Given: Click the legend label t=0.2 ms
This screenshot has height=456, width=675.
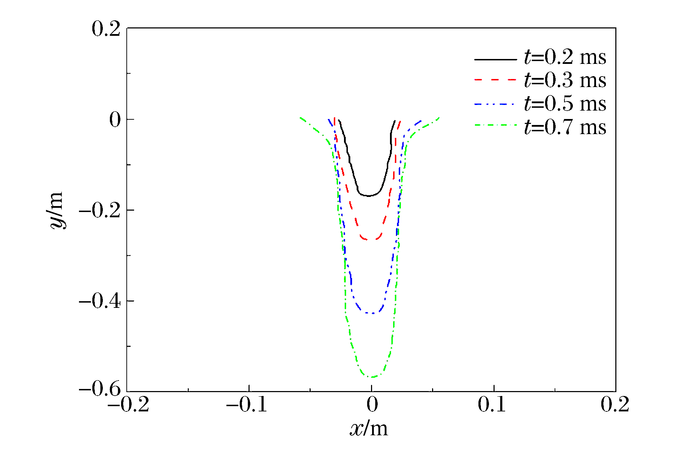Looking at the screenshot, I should pyautogui.click(x=565, y=57).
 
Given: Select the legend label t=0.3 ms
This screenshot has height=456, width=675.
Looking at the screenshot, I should pyautogui.click(x=565, y=80).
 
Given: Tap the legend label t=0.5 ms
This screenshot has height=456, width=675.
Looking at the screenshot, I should pyautogui.click(x=565, y=104).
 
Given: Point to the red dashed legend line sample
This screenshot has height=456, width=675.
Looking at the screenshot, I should pyautogui.click(x=495, y=80).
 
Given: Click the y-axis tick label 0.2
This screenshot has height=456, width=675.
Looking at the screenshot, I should pyautogui.click(x=106, y=29).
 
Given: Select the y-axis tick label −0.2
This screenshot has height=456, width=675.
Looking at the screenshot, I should pyautogui.click(x=100, y=211).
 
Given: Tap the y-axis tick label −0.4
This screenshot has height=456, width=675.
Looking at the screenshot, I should pyautogui.click(x=100, y=302).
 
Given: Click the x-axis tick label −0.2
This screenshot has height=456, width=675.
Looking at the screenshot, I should pyautogui.click(x=128, y=404).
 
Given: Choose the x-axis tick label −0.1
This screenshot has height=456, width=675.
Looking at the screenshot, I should pyautogui.click(x=247, y=404).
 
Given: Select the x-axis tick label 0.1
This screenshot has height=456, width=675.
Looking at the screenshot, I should pyautogui.click(x=492, y=404).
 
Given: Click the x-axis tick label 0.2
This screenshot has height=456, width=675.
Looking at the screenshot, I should pyautogui.click(x=615, y=404).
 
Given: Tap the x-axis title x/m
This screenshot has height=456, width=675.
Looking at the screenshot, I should pyautogui.click(x=369, y=429).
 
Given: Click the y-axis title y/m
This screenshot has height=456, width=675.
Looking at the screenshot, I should pyautogui.click(x=56, y=210).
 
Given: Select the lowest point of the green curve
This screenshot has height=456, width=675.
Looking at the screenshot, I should pyautogui.click(x=372, y=377).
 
